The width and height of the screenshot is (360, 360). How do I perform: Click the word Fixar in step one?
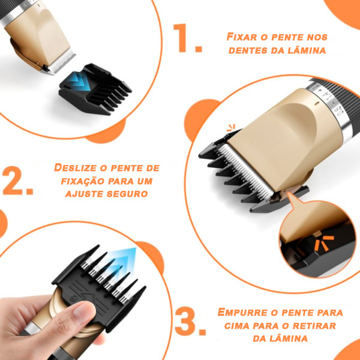point(242,37)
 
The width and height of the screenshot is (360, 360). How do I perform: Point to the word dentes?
point(248,50)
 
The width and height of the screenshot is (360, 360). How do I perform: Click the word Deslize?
point(76,167)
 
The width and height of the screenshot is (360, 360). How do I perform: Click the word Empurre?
point(242,312)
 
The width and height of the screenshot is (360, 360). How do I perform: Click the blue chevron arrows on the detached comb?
point(77,83)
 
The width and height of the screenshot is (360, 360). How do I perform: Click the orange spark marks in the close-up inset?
point(324,243)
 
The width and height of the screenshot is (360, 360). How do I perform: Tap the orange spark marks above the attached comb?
point(231,128)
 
